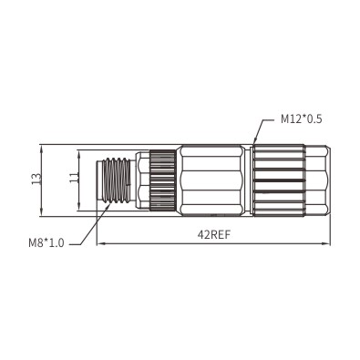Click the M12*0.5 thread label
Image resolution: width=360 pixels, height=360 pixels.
tap(301, 119)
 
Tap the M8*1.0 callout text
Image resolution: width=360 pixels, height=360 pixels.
tap(46, 242)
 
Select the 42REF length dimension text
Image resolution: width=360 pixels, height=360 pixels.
tap(214, 235)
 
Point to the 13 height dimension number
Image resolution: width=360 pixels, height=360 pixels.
tap(36, 179)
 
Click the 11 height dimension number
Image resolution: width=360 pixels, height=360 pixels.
tap(74, 178)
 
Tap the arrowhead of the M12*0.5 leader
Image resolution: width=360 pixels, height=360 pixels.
tap(255, 140)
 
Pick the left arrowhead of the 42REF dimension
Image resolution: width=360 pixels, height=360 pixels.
tap(100, 243)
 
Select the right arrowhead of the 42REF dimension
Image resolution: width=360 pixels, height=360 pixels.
tap(326, 243)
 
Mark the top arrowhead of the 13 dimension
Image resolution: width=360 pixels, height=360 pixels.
tap(41, 148)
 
